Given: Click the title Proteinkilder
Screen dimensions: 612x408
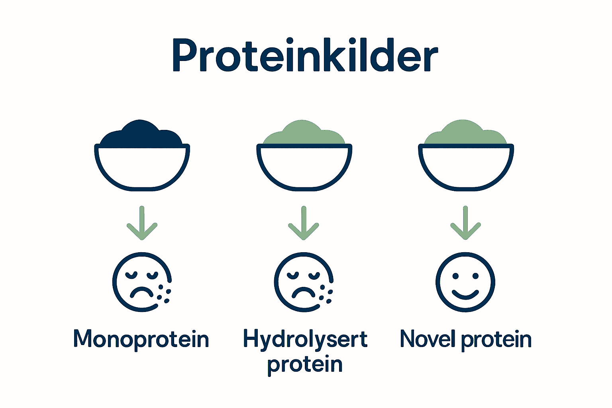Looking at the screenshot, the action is click(305, 56).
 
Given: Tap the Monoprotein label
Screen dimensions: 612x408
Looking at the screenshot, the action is click(141, 339).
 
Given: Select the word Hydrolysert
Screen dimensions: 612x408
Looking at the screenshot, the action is click(305, 339).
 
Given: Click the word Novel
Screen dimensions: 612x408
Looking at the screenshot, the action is click(428, 339).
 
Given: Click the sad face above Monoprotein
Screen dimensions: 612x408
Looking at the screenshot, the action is click(139, 282).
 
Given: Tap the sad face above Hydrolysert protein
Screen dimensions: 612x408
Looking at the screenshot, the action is click(302, 282).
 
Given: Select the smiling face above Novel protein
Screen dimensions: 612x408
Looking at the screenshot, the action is click(465, 282).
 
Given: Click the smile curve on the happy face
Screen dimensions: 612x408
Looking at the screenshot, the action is click(465, 295).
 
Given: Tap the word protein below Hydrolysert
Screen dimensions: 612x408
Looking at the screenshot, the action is click(305, 365).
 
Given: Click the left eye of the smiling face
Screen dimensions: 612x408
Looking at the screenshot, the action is click(455, 276).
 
